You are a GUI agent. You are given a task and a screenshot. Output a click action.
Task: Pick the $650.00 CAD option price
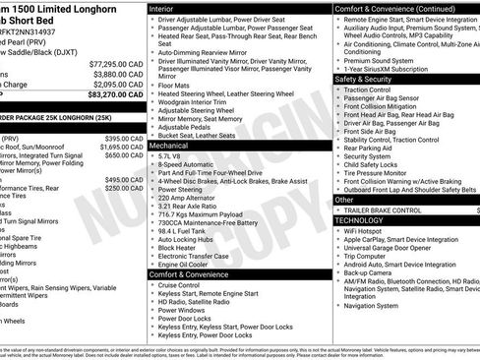pyautogui.click(x=125, y=154)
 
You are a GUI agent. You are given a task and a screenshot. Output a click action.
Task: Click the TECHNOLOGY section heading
pyautogui.click(x=361, y=220)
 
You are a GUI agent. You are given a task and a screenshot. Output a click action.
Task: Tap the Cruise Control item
pyautogui.click(x=184, y=285)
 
